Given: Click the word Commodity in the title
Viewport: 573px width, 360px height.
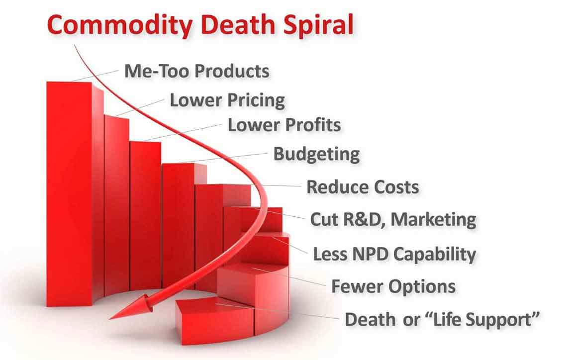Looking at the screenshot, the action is pyautogui.click(x=120, y=25).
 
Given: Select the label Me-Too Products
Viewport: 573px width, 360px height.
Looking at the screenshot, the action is pyautogui.click(x=196, y=71).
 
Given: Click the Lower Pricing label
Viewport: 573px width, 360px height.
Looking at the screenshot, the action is pyautogui.click(x=227, y=100).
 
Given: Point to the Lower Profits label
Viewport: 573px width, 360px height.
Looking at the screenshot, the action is pyautogui.click(x=285, y=125).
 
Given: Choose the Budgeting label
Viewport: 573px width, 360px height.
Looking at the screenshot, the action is pyautogui.click(x=316, y=154).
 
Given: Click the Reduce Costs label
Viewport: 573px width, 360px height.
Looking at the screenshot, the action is pyautogui.click(x=363, y=187).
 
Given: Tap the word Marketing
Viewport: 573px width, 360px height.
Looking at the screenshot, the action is pyautogui.click(x=433, y=220).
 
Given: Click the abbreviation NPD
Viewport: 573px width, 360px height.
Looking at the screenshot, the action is pyautogui.click(x=370, y=254).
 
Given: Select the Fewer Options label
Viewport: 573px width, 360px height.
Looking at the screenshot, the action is pyautogui.click(x=393, y=286).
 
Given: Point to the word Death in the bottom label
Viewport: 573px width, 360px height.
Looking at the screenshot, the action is pyautogui.click(x=370, y=319).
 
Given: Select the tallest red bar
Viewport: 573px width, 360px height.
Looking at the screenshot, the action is pyautogui.click(x=70, y=194).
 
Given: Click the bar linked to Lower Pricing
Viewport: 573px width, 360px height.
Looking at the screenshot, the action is pyautogui.click(x=117, y=205).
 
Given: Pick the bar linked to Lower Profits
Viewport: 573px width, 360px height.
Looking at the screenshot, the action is pyautogui.click(x=145, y=216).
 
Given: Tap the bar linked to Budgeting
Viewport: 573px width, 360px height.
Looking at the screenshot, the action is pyautogui.click(x=179, y=225).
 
